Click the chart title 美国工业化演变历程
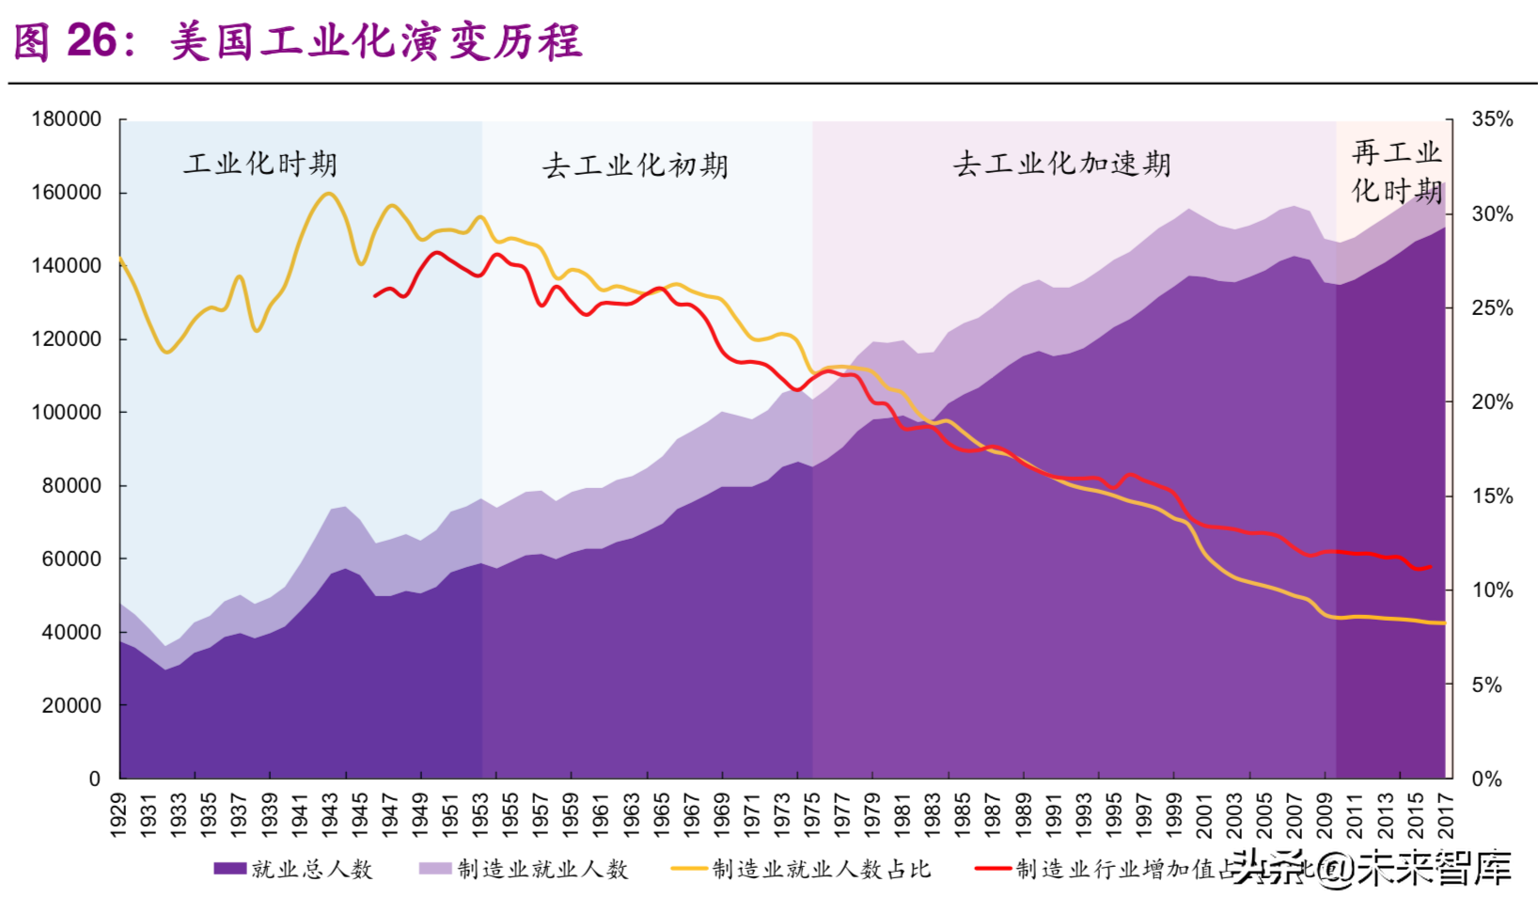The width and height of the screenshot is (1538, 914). pos(376,42)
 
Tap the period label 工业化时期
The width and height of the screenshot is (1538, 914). pos(260,165)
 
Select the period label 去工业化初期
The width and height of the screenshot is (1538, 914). pos(635,165)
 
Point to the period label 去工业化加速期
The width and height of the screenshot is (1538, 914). pos(1061,165)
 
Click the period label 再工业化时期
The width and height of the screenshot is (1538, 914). pos(1396,171)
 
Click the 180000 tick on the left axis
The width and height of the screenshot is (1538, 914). pos(66,119)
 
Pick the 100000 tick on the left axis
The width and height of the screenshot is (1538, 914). pos(66,412)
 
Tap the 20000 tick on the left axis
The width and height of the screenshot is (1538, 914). pos(71,705)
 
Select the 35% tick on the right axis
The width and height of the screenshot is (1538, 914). pos(1492,119)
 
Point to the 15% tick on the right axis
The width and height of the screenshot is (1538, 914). pos(1492,496)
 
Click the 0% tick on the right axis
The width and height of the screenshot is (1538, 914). pos(1487,779)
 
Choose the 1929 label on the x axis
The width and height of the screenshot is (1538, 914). pos(118,814)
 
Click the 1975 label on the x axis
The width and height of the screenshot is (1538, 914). pos(812,814)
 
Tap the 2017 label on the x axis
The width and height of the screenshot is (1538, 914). pos(1446,814)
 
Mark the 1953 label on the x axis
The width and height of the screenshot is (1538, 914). pos(480,814)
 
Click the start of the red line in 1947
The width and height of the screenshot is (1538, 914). pos(375,296)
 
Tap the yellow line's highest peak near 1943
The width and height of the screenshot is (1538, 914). pos(328,193)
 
